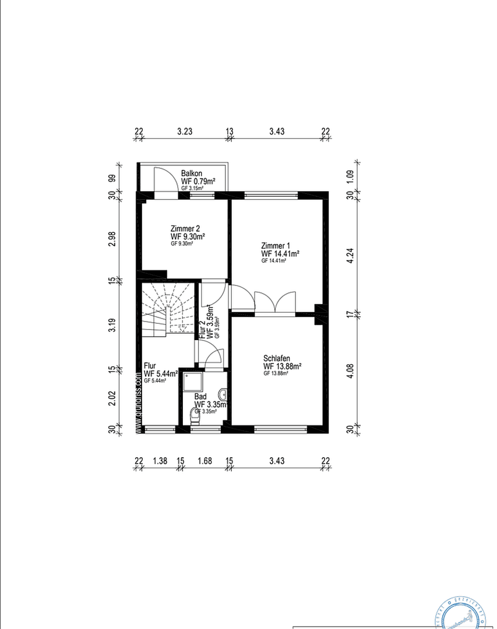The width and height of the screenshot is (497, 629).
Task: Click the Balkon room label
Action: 192,173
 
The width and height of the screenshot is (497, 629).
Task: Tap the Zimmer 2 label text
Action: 185,228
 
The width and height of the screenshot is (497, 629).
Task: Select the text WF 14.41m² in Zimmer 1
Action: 280,253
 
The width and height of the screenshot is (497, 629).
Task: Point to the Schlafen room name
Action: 277,358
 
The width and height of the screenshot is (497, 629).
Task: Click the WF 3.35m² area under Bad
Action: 210,404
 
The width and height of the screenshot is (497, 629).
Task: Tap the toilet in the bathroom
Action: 195,415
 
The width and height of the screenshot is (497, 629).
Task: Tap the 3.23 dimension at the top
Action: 185,132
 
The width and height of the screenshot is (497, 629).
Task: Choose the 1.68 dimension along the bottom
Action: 205,461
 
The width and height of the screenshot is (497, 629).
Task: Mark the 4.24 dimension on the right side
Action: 351,256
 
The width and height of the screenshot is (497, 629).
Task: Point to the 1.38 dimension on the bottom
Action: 160,461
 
